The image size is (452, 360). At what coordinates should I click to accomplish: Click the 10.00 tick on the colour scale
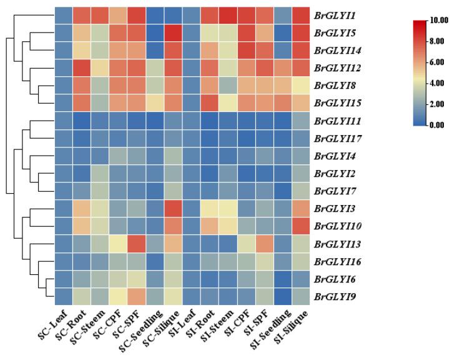point(441,21)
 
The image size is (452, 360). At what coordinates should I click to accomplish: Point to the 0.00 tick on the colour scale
point(440,125)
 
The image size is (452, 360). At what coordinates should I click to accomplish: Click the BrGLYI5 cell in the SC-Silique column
point(172,31)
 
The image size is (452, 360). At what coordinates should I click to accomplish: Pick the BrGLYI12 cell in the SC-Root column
point(82,66)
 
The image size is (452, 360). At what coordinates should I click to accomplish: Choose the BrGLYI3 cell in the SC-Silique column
point(172,207)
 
